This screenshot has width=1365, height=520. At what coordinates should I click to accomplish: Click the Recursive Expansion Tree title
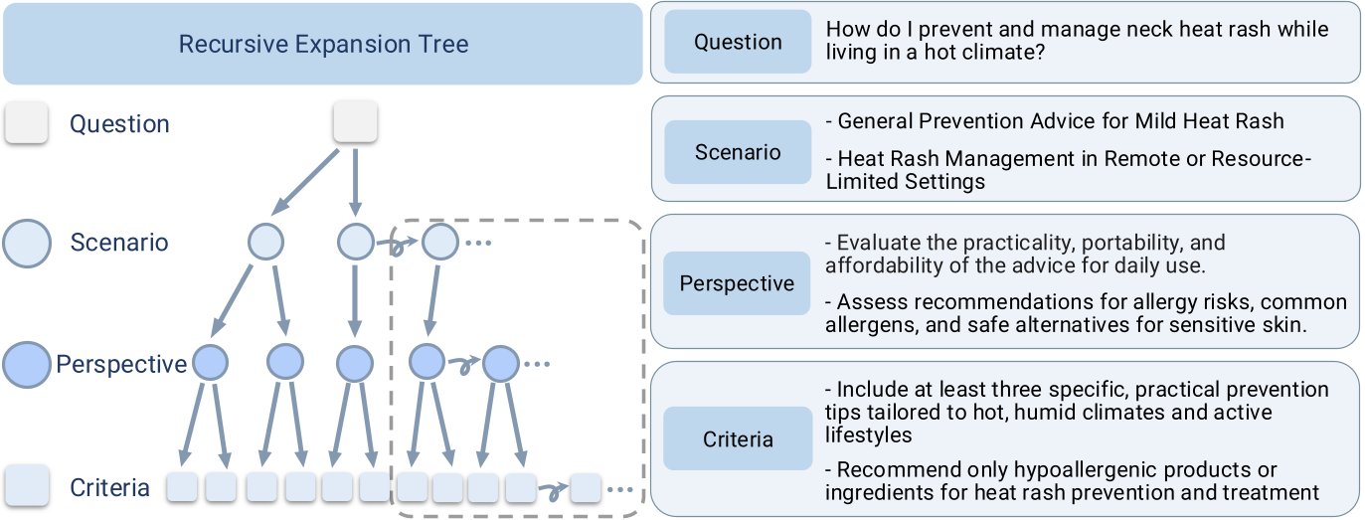point(323,44)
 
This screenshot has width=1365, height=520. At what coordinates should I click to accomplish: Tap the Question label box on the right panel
point(738,42)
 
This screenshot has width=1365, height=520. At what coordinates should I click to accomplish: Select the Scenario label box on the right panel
point(738,152)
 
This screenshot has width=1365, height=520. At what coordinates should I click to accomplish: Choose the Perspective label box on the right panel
point(738,283)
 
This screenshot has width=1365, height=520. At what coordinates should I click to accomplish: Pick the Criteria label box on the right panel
point(738,439)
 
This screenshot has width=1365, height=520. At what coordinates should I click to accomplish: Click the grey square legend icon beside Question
point(27,123)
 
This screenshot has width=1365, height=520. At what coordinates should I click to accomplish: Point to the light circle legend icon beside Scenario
point(27,243)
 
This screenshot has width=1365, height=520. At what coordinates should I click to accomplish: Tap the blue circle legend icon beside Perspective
point(27,365)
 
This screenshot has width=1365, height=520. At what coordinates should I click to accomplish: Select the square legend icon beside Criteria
point(27,487)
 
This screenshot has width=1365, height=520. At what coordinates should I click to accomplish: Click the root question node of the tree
point(355,121)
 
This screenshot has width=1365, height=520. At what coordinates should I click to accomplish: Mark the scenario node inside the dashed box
point(440,242)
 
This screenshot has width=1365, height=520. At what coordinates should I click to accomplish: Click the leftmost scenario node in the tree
point(265,242)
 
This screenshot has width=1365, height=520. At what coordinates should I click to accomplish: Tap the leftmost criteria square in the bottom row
point(182,487)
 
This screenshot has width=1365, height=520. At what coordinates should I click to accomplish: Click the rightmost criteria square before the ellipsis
point(586,487)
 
